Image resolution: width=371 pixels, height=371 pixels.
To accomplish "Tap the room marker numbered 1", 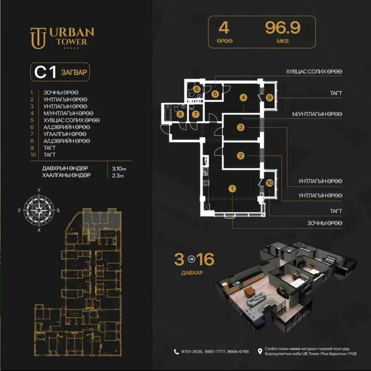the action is coord(232,189).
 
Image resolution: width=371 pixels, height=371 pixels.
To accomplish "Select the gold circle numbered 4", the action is coord(243,97).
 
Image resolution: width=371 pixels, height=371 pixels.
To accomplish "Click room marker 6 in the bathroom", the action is coord(196,89).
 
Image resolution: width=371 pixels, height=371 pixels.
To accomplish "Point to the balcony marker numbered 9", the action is coord(269,97).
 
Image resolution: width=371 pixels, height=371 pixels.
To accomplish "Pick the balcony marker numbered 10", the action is coord(269,183).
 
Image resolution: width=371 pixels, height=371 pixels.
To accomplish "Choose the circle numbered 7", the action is coord(195,114).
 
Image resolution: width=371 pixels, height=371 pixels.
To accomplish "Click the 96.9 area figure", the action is coord(282,28).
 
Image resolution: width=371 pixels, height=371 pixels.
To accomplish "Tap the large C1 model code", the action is coord(45,72).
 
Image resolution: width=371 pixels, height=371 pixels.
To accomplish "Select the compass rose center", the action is coord(39,210).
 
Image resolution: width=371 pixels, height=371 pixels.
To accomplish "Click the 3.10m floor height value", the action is coord(119,169).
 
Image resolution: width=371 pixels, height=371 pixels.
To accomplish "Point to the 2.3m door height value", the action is coord(118,176).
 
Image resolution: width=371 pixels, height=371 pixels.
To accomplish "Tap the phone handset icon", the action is coord(176,352).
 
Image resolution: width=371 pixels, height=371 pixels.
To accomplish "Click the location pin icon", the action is coord(260,352).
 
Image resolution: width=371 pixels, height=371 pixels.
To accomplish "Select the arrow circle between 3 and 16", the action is coord(191,259).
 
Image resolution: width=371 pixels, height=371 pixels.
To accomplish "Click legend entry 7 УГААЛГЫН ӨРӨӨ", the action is coord(65,134).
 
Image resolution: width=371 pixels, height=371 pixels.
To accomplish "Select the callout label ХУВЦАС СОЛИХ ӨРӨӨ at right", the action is coord(314,71).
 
